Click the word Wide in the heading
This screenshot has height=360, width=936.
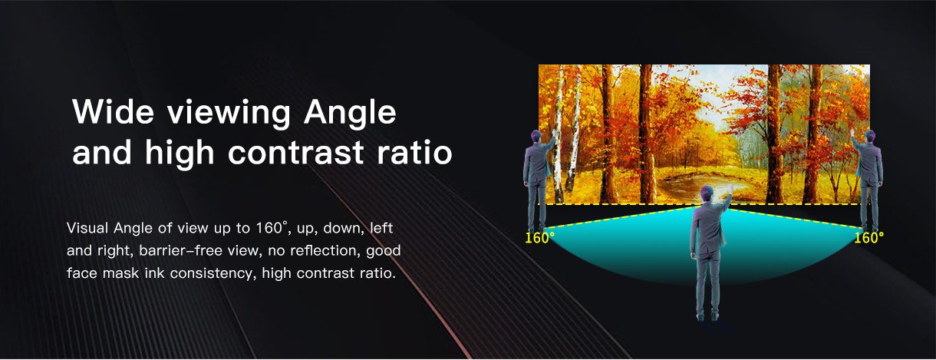tap(114, 111)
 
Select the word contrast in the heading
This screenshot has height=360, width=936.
tap(295, 152)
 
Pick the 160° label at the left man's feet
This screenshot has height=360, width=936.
tap(539, 238)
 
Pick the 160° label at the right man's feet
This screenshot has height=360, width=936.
tap(868, 238)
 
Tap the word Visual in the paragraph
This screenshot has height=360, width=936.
tap(87, 228)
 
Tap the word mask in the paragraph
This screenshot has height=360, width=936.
tap(120, 273)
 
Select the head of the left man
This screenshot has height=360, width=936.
tap(536, 137)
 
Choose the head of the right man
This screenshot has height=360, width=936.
tap(870, 137)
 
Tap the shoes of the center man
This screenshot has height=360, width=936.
tap(707, 317)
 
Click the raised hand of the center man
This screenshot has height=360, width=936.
tap(731, 188)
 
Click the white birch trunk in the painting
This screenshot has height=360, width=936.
tap(559, 138)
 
